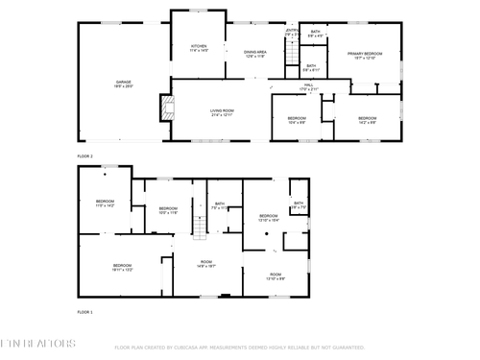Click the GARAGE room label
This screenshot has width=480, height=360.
tap(124, 84)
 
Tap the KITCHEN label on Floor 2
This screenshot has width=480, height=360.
tap(199, 48)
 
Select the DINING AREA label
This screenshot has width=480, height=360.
tap(255, 55)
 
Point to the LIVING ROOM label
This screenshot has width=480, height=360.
tap(223, 112)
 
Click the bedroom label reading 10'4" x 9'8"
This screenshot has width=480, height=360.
tap(297, 121)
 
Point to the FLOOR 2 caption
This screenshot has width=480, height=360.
tap(85, 156)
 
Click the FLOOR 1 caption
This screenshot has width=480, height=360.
tap(85, 312)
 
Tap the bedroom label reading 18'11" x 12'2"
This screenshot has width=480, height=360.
tap(122, 268)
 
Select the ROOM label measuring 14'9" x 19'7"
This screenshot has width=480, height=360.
tap(205, 264)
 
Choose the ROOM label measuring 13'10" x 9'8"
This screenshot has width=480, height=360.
tap(276, 276)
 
